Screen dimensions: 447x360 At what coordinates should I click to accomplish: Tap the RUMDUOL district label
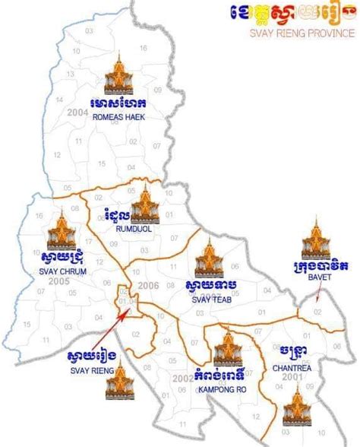(131, 227)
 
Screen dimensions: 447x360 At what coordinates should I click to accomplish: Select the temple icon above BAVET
(314, 236)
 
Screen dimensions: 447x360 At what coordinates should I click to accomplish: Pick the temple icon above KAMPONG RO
(226, 344)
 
